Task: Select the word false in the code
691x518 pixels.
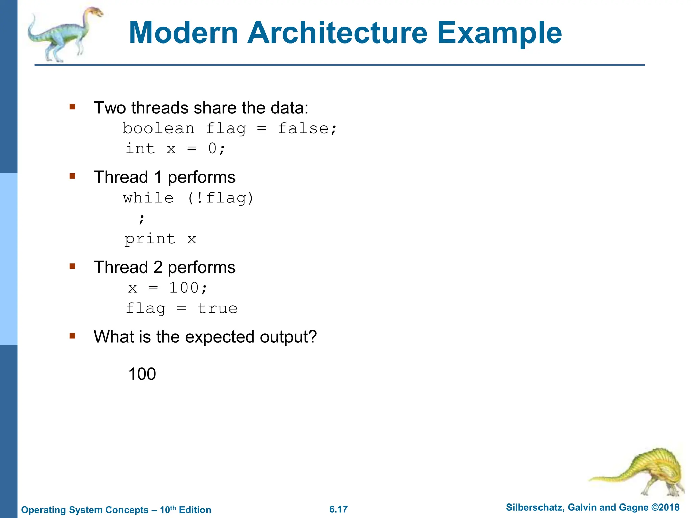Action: pos(303,128)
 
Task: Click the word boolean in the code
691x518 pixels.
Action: pos(158,128)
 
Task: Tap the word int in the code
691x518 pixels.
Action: pos(140,148)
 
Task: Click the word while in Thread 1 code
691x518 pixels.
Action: pos(148,198)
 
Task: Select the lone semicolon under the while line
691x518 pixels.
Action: pos(141,219)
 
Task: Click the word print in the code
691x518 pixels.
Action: pos(150,239)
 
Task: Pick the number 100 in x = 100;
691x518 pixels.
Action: pos(184,288)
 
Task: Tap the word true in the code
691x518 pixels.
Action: pos(217,309)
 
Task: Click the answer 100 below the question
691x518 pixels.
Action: pos(142,374)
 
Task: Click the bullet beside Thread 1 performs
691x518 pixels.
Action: pos(72,176)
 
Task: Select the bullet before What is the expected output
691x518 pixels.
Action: pos(72,336)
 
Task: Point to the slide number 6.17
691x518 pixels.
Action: pos(338,509)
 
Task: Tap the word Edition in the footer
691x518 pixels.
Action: pos(195,510)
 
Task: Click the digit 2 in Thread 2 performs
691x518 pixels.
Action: pos(158,267)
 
